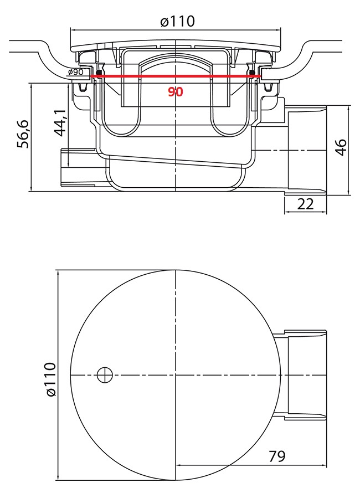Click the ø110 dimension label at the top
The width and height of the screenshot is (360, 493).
tap(177, 22)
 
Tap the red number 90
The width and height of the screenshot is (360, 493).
tap(176, 92)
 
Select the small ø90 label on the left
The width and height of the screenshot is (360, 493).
tap(75, 72)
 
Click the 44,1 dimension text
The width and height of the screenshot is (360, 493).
tap(60, 122)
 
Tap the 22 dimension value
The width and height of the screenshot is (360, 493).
tap(305, 204)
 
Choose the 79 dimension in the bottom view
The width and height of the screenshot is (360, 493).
tap(277, 455)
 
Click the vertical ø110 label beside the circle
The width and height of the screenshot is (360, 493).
tap(50, 379)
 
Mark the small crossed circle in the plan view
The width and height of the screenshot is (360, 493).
tap(105, 375)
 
